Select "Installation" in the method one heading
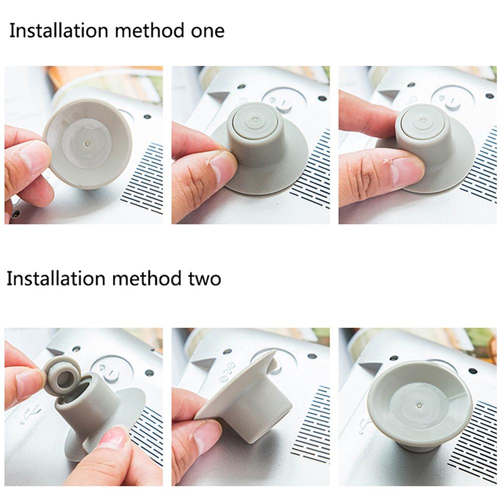click(x=59, y=31)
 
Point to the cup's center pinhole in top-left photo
click(x=88, y=143)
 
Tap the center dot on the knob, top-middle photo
click(x=256, y=120)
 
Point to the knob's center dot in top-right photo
click(x=423, y=121)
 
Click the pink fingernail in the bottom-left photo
click(x=112, y=437)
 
